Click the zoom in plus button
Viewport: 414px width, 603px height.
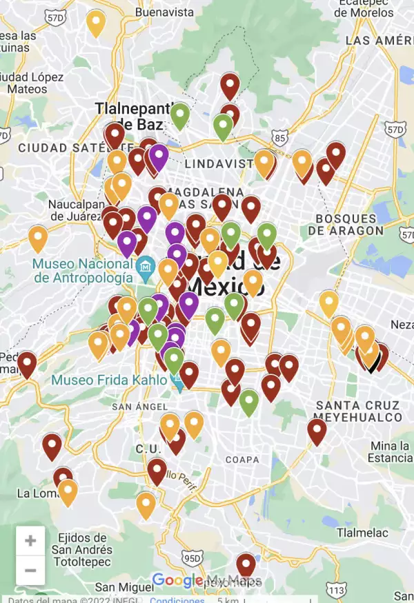tap(30, 541)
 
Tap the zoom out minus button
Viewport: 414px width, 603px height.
tap(30, 571)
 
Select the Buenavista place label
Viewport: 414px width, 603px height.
tap(164, 12)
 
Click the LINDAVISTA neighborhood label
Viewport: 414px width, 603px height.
tap(219, 163)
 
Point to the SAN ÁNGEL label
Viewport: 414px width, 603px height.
tap(130, 407)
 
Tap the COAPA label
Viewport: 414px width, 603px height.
tap(242, 460)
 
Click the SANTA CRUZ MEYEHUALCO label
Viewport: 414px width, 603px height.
tap(357, 411)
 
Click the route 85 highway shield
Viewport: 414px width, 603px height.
tap(279, 139)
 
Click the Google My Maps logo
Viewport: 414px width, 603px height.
tap(205, 580)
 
